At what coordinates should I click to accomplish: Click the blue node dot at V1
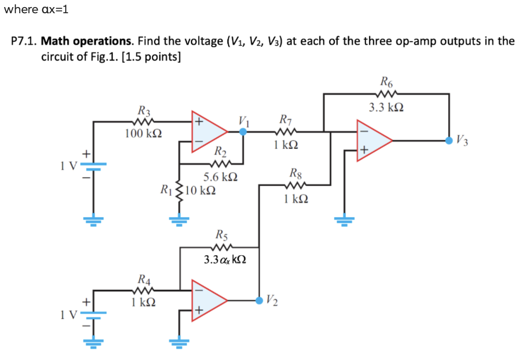(243, 131)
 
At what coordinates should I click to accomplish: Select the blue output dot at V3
(449, 141)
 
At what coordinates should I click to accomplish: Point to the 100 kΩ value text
(143, 134)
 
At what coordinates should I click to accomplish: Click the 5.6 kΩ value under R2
(220, 177)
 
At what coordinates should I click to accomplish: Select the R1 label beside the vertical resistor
(166, 191)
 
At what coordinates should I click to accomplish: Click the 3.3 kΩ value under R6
(387, 107)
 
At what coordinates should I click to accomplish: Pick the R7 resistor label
(285, 121)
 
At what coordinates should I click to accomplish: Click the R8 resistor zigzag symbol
(296, 185)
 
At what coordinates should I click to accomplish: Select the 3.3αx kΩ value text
(224, 260)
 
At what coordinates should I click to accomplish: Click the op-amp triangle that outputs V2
(208, 300)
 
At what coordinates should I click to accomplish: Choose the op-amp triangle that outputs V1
(208, 131)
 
